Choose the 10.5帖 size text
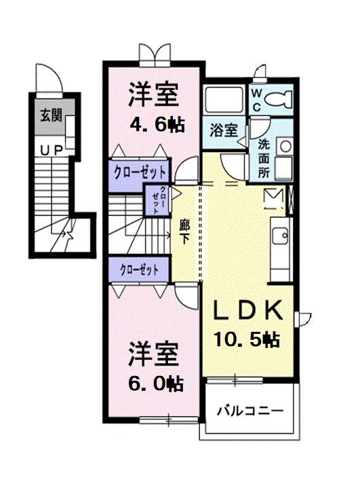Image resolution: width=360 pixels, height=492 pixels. pyautogui.click(x=247, y=339)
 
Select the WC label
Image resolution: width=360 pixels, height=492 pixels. pyautogui.click(x=257, y=100)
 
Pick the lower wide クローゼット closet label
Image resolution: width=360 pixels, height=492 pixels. pyautogui.click(x=139, y=269)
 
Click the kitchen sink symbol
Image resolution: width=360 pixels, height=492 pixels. pyautogui.click(x=279, y=237)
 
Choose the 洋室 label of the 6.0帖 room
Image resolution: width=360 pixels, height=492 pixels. pyautogui.click(x=154, y=354)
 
